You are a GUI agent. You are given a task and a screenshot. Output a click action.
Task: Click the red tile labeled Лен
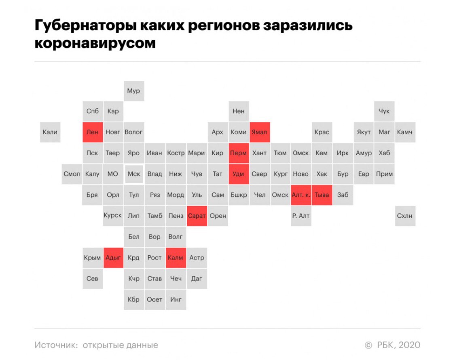click(x=93, y=132)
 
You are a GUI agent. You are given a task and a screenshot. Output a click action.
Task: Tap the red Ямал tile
click(x=259, y=132)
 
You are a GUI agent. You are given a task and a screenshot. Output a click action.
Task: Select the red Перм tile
click(x=238, y=153)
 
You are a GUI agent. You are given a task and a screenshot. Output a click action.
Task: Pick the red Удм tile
click(x=238, y=174)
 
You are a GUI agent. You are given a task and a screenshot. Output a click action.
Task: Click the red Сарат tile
click(x=197, y=216)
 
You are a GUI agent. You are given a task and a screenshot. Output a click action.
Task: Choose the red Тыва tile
click(x=322, y=195)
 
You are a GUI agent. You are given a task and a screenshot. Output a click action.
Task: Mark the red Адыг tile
click(x=113, y=258)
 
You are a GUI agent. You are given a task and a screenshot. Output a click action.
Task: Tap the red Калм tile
click(x=176, y=258)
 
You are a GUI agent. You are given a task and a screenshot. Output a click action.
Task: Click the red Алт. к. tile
click(x=301, y=195)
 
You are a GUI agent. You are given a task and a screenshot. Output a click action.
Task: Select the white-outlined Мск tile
click(x=134, y=174)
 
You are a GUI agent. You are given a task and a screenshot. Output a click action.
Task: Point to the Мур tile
click(x=134, y=91)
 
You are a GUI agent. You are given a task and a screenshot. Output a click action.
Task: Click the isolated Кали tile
click(x=50, y=132)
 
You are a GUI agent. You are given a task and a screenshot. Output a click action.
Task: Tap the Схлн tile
click(x=405, y=216)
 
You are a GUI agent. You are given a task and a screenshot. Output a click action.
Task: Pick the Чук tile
click(x=384, y=111)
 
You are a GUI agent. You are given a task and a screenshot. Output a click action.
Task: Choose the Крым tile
click(x=93, y=258)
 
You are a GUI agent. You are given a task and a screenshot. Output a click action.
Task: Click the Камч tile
click(x=405, y=132)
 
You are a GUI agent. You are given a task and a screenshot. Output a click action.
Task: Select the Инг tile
click(x=176, y=299)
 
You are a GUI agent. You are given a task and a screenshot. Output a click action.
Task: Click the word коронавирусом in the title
click(x=95, y=43)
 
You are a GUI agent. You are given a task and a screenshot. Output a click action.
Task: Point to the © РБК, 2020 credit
click(x=393, y=345)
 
